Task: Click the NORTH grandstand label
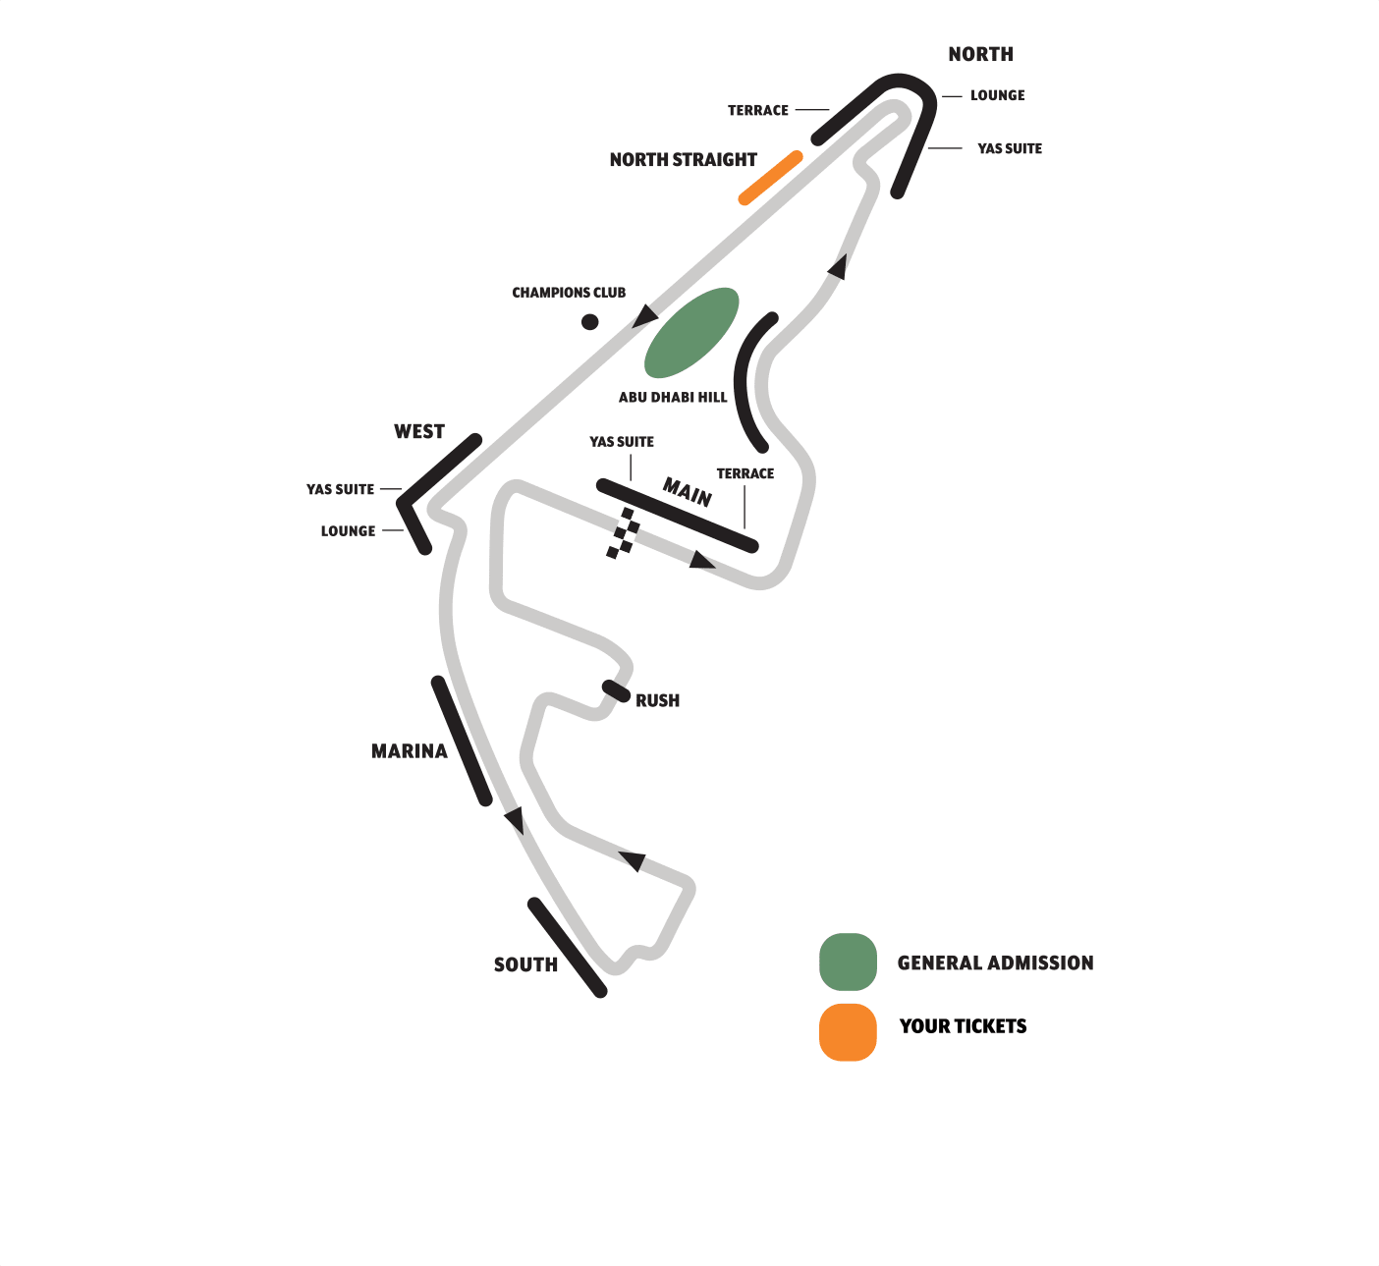click(x=980, y=55)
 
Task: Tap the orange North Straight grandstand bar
click(x=771, y=178)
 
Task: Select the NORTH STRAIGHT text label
click(x=683, y=160)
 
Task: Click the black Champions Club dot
click(x=589, y=321)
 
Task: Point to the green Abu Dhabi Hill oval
click(x=691, y=332)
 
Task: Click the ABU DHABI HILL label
click(x=673, y=398)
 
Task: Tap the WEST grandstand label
click(x=419, y=432)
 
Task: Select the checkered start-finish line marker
click(x=623, y=533)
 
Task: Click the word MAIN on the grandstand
click(x=688, y=491)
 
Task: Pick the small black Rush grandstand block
click(x=616, y=690)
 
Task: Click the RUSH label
click(x=657, y=701)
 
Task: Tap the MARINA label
click(x=409, y=751)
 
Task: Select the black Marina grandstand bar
click(x=462, y=742)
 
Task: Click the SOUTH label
click(x=525, y=965)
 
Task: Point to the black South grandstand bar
click(x=568, y=948)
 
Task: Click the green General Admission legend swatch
click(x=848, y=962)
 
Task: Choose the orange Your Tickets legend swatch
click(x=848, y=1032)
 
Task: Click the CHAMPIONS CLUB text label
click(x=569, y=293)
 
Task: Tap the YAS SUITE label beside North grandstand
click(x=1010, y=149)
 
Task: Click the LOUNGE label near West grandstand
click(x=348, y=531)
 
